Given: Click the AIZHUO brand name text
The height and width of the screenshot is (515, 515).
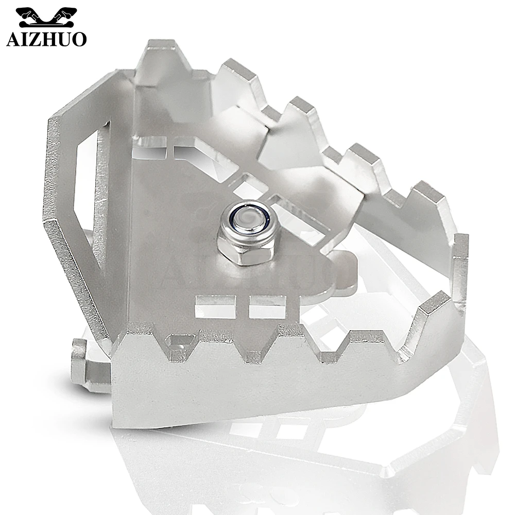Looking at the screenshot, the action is pyautogui.click(x=46, y=39).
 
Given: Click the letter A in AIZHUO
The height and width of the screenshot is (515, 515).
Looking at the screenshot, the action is pyautogui.click(x=13, y=39).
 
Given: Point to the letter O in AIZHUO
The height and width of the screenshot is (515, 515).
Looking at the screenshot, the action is pyautogui.click(x=79, y=39).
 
